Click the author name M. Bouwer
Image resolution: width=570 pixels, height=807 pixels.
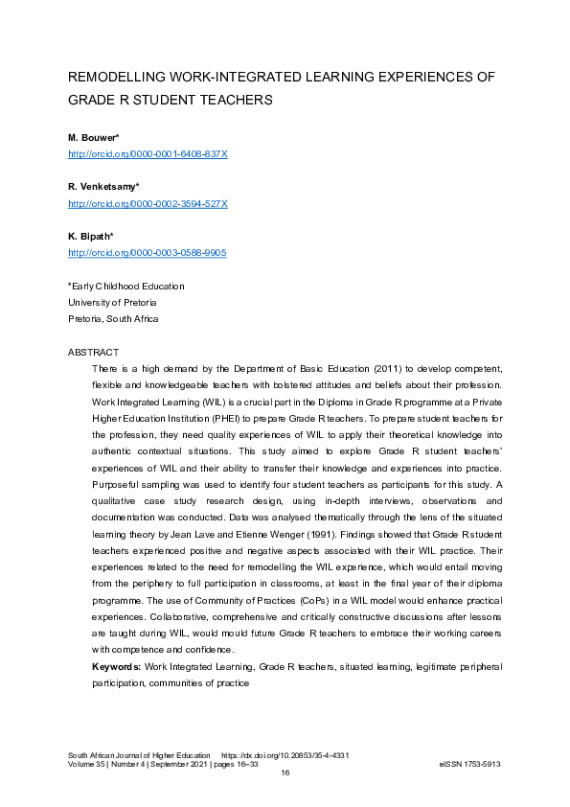tap(92, 139)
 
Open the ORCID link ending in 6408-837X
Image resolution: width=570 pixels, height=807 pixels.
tap(147, 153)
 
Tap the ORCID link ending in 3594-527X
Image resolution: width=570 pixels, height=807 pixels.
tap(147, 203)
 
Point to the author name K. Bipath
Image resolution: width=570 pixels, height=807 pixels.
tap(90, 238)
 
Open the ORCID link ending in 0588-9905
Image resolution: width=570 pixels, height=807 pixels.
tap(147, 253)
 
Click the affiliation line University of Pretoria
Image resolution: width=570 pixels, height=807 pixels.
tap(113, 302)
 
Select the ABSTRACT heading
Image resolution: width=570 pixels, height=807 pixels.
tap(93, 353)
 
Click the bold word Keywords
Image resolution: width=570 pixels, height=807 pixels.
tap(116, 665)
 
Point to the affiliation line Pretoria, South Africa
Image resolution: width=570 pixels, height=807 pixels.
tap(113, 318)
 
